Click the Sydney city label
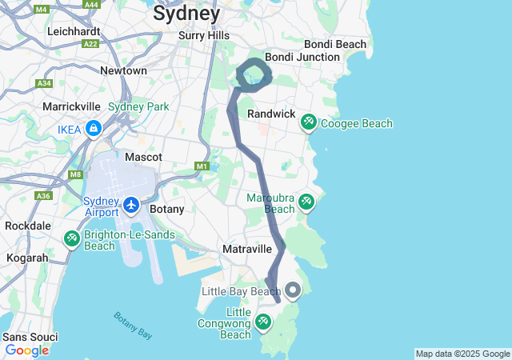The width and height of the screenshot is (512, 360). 186,14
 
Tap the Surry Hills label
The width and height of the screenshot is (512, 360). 204,35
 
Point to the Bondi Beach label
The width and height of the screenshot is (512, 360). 335,44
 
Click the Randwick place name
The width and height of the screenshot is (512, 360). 271,114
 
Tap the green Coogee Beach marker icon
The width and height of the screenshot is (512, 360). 308,122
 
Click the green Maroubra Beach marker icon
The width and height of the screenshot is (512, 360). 306,202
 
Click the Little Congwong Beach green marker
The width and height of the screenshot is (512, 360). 263,322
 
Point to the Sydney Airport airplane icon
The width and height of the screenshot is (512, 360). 132,206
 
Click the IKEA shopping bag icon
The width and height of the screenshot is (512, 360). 94,128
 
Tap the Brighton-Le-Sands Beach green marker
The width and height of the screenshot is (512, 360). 72,238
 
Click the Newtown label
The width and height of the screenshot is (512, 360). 123,70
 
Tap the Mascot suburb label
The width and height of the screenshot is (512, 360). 144,157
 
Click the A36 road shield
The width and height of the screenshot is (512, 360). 42,195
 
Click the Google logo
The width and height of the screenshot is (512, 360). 26,350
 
